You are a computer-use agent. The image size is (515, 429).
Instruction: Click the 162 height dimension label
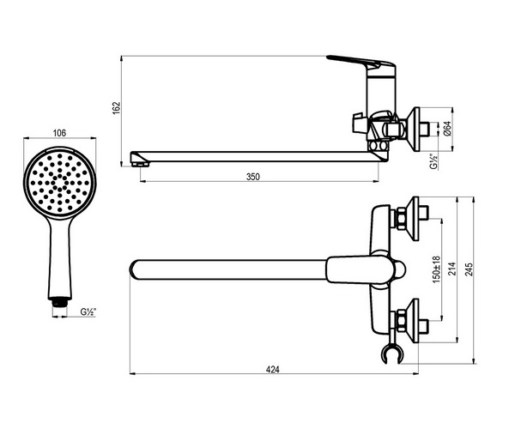point(117,108)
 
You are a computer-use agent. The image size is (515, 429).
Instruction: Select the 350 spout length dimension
point(253,177)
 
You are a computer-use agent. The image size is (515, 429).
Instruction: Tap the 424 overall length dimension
point(273,370)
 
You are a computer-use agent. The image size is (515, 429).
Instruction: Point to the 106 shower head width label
point(59,133)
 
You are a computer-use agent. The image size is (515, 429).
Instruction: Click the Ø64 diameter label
point(447,129)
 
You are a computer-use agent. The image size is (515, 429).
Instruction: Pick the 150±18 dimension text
point(436,269)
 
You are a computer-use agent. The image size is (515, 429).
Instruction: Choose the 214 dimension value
point(453,269)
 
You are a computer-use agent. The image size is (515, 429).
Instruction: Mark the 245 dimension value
point(470,269)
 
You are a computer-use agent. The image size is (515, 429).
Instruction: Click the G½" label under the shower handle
point(88,311)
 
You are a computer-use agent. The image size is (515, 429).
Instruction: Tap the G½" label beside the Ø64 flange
point(433,160)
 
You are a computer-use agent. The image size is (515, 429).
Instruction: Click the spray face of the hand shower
point(59,182)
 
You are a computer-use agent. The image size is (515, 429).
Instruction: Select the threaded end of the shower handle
point(60,302)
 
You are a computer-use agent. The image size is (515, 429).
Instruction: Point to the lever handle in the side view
point(361,63)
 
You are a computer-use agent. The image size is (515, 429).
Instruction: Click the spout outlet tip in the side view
point(140,159)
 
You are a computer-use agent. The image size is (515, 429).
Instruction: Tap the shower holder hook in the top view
point(391,353)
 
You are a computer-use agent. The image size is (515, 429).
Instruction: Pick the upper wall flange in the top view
point(415,219)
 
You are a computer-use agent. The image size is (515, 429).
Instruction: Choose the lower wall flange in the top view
point(415,321)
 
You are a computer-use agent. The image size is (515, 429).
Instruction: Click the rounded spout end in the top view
point(134,269)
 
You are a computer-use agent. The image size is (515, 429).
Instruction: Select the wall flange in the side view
point(415,129)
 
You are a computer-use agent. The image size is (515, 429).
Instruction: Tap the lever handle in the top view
point(365,269)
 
